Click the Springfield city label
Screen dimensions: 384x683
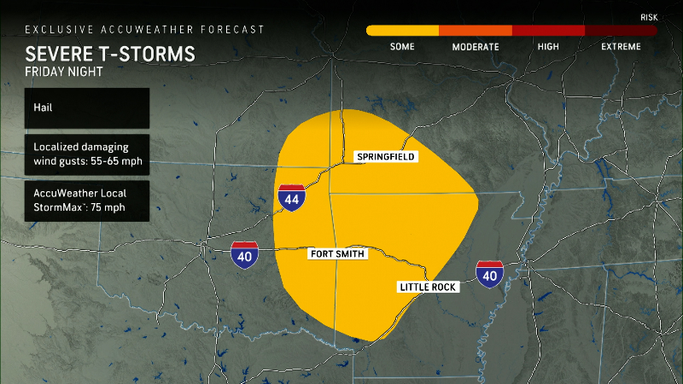[386, 157]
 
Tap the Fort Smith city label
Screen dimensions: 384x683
[337, 253]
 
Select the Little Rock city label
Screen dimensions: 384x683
[429, 288]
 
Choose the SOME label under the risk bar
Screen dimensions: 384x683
[402, 46]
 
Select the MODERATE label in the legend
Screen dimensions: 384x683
[476, 46]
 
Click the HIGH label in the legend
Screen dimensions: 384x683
[548, 46]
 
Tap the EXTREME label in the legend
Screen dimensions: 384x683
[621, 46]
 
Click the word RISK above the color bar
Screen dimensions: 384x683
[649, 17]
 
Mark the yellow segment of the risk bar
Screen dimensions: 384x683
[402, 30]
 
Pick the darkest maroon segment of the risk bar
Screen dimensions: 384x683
[621, 30]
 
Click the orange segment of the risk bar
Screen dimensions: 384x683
[476, 30]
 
